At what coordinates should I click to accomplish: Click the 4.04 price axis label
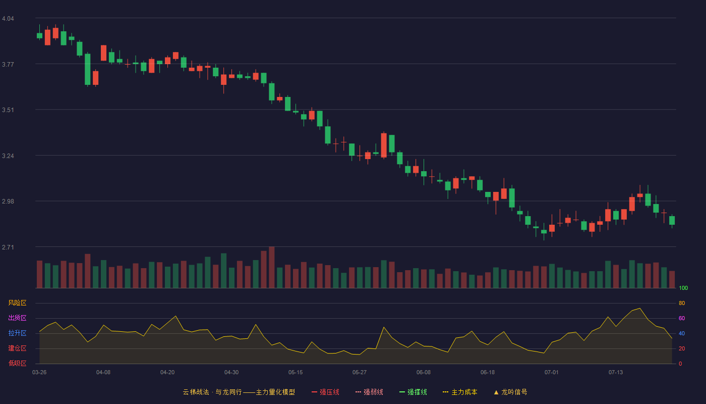point(8,19)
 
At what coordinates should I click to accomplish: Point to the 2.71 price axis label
point(8,247)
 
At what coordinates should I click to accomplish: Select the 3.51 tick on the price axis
point(8,110)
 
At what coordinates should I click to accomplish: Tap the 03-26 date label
point(39,373)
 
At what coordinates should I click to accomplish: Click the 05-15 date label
point(296,373)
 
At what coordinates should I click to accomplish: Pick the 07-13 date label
point(616,373)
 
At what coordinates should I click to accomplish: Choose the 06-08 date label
point(423,373)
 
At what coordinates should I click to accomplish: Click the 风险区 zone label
point(17,303)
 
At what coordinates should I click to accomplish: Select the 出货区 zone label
point(17,318)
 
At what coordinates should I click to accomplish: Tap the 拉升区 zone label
point(17,333)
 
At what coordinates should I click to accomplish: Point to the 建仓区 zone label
point(17,348)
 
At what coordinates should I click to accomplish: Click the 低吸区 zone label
point(17,363)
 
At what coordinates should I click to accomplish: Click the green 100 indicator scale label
point(683,288)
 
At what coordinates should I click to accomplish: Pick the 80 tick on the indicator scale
point(682,303)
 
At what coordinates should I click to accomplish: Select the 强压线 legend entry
point(325,392)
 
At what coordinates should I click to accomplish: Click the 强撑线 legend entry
point(413,392)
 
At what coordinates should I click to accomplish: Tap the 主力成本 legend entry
point(460,392)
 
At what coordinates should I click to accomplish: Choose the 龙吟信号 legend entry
point(510,392)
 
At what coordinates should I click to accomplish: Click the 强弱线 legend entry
point(369,392)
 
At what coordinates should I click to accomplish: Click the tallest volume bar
point(272,267)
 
